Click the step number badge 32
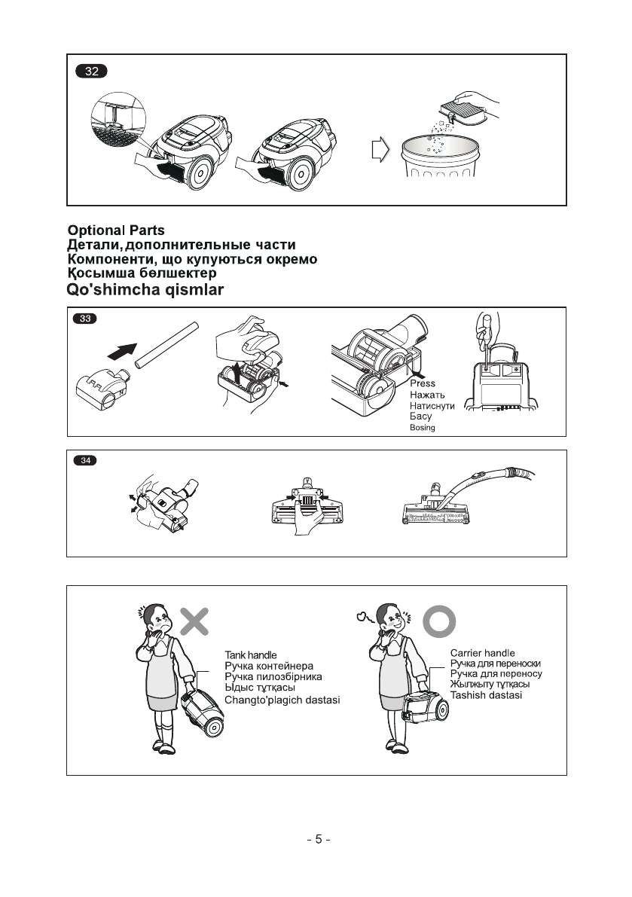coord(91,72)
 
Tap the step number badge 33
coord(84,318)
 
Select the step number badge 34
coord(84,460)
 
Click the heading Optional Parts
coord(116,230)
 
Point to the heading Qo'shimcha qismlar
coord(145,290)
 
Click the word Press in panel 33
coord(423,383)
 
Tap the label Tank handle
coord(251,655)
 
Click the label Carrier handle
coord(482,653)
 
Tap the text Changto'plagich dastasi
coord(282,700)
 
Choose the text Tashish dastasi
coord(486,695)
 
